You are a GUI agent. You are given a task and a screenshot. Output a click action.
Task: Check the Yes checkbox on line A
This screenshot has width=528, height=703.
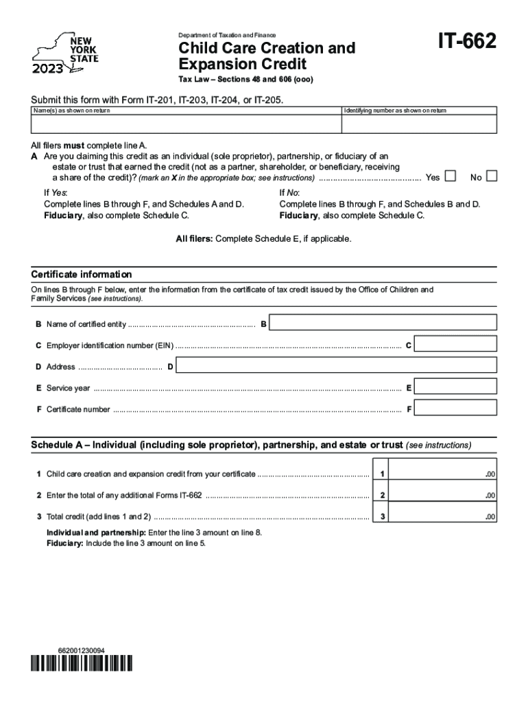point(450,177)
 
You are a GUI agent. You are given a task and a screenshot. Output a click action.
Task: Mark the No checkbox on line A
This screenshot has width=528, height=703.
point(491,177)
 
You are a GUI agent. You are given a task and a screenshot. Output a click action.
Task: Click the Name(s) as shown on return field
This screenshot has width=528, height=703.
point(186,124)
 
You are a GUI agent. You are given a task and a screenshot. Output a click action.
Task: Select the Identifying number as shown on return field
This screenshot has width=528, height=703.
point(419,124)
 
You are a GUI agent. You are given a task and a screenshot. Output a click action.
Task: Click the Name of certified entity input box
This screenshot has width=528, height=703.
point(385,323)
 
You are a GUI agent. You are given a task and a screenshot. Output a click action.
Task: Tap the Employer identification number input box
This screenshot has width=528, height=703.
point(456,345)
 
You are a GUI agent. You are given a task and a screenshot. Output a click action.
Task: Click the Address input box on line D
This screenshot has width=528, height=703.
point(336,366)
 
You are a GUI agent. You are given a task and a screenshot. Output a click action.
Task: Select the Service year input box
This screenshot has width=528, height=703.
point(456,388)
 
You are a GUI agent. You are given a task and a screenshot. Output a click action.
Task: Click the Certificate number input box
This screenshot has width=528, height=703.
point(456,409)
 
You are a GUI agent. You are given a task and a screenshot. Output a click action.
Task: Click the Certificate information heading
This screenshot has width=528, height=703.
point(82,275)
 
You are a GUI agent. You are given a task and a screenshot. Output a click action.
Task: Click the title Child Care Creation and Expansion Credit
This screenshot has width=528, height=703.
point(266,56)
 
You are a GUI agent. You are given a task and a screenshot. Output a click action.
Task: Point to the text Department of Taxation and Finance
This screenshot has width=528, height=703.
point(227,35)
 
